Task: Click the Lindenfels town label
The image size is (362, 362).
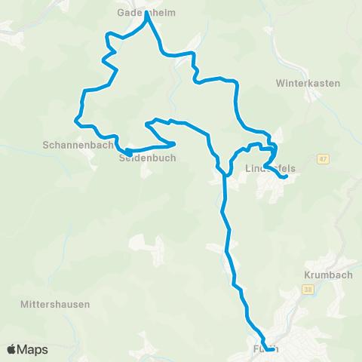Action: [x=268, y=169]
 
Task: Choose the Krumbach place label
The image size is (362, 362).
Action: [x=328, y=275]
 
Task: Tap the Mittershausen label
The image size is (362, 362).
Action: [x=56, y=305]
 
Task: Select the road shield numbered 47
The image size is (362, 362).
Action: [x=323, y=159]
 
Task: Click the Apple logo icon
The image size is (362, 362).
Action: [x=12, y=349]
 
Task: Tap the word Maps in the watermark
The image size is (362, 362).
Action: [x=33, y=349]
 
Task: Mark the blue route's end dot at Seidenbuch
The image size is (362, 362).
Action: [x=129, y=152]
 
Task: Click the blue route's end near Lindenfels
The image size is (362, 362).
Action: [x=285, y=177]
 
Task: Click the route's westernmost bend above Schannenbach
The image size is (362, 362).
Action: [x=76, y=119]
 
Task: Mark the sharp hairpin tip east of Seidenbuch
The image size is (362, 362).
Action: [x=174, y=143]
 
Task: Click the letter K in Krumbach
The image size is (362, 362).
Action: [x=308, y=275]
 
